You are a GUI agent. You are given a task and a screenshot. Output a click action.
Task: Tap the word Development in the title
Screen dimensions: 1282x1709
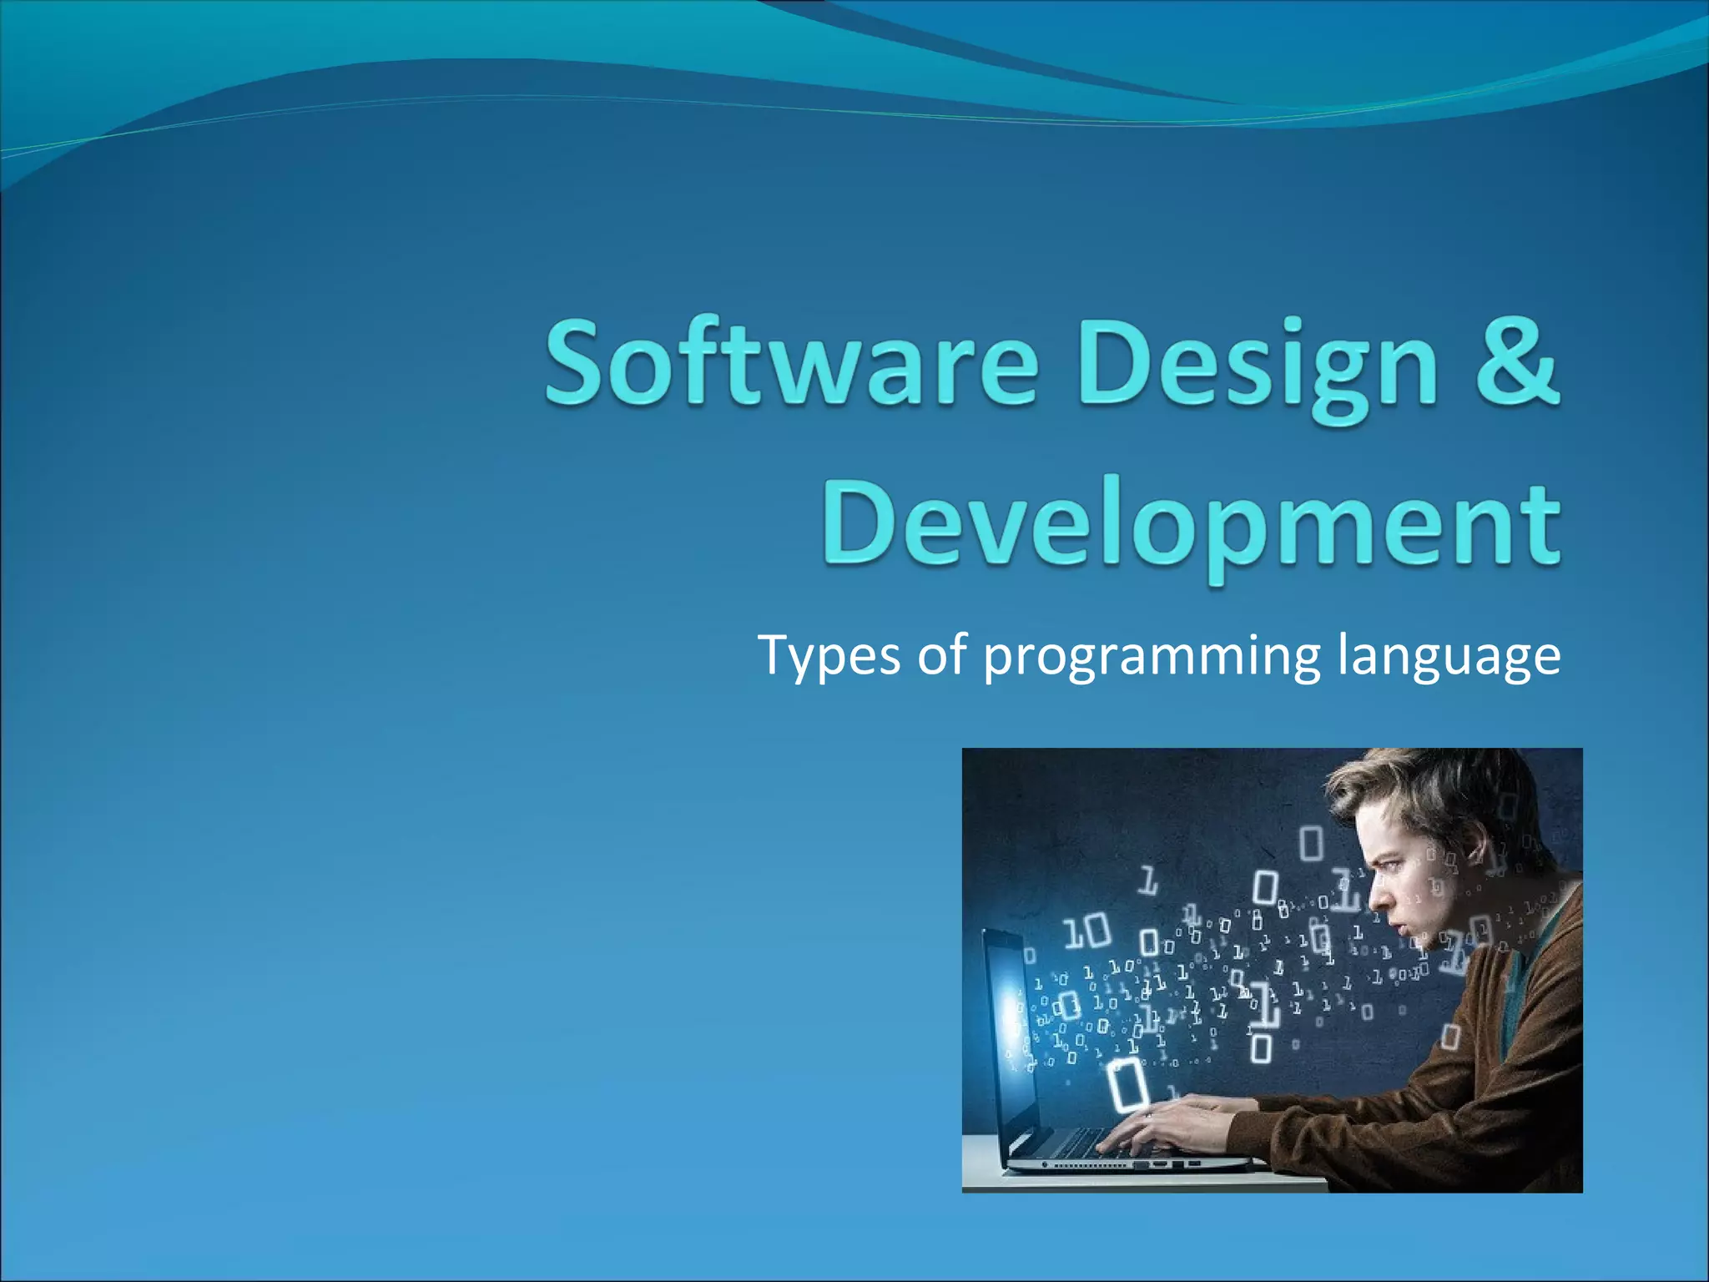1192,524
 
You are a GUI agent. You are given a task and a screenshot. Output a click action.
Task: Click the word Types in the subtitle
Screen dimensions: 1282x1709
829,657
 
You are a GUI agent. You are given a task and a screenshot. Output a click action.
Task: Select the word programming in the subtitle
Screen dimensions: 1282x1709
1152,659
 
